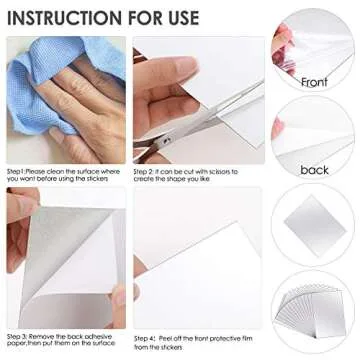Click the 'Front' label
click(x=314, y=81)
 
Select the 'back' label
click(x=314, y=170)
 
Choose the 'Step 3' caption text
click(x=21, y=336)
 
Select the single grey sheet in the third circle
click(x=314, y=221)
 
